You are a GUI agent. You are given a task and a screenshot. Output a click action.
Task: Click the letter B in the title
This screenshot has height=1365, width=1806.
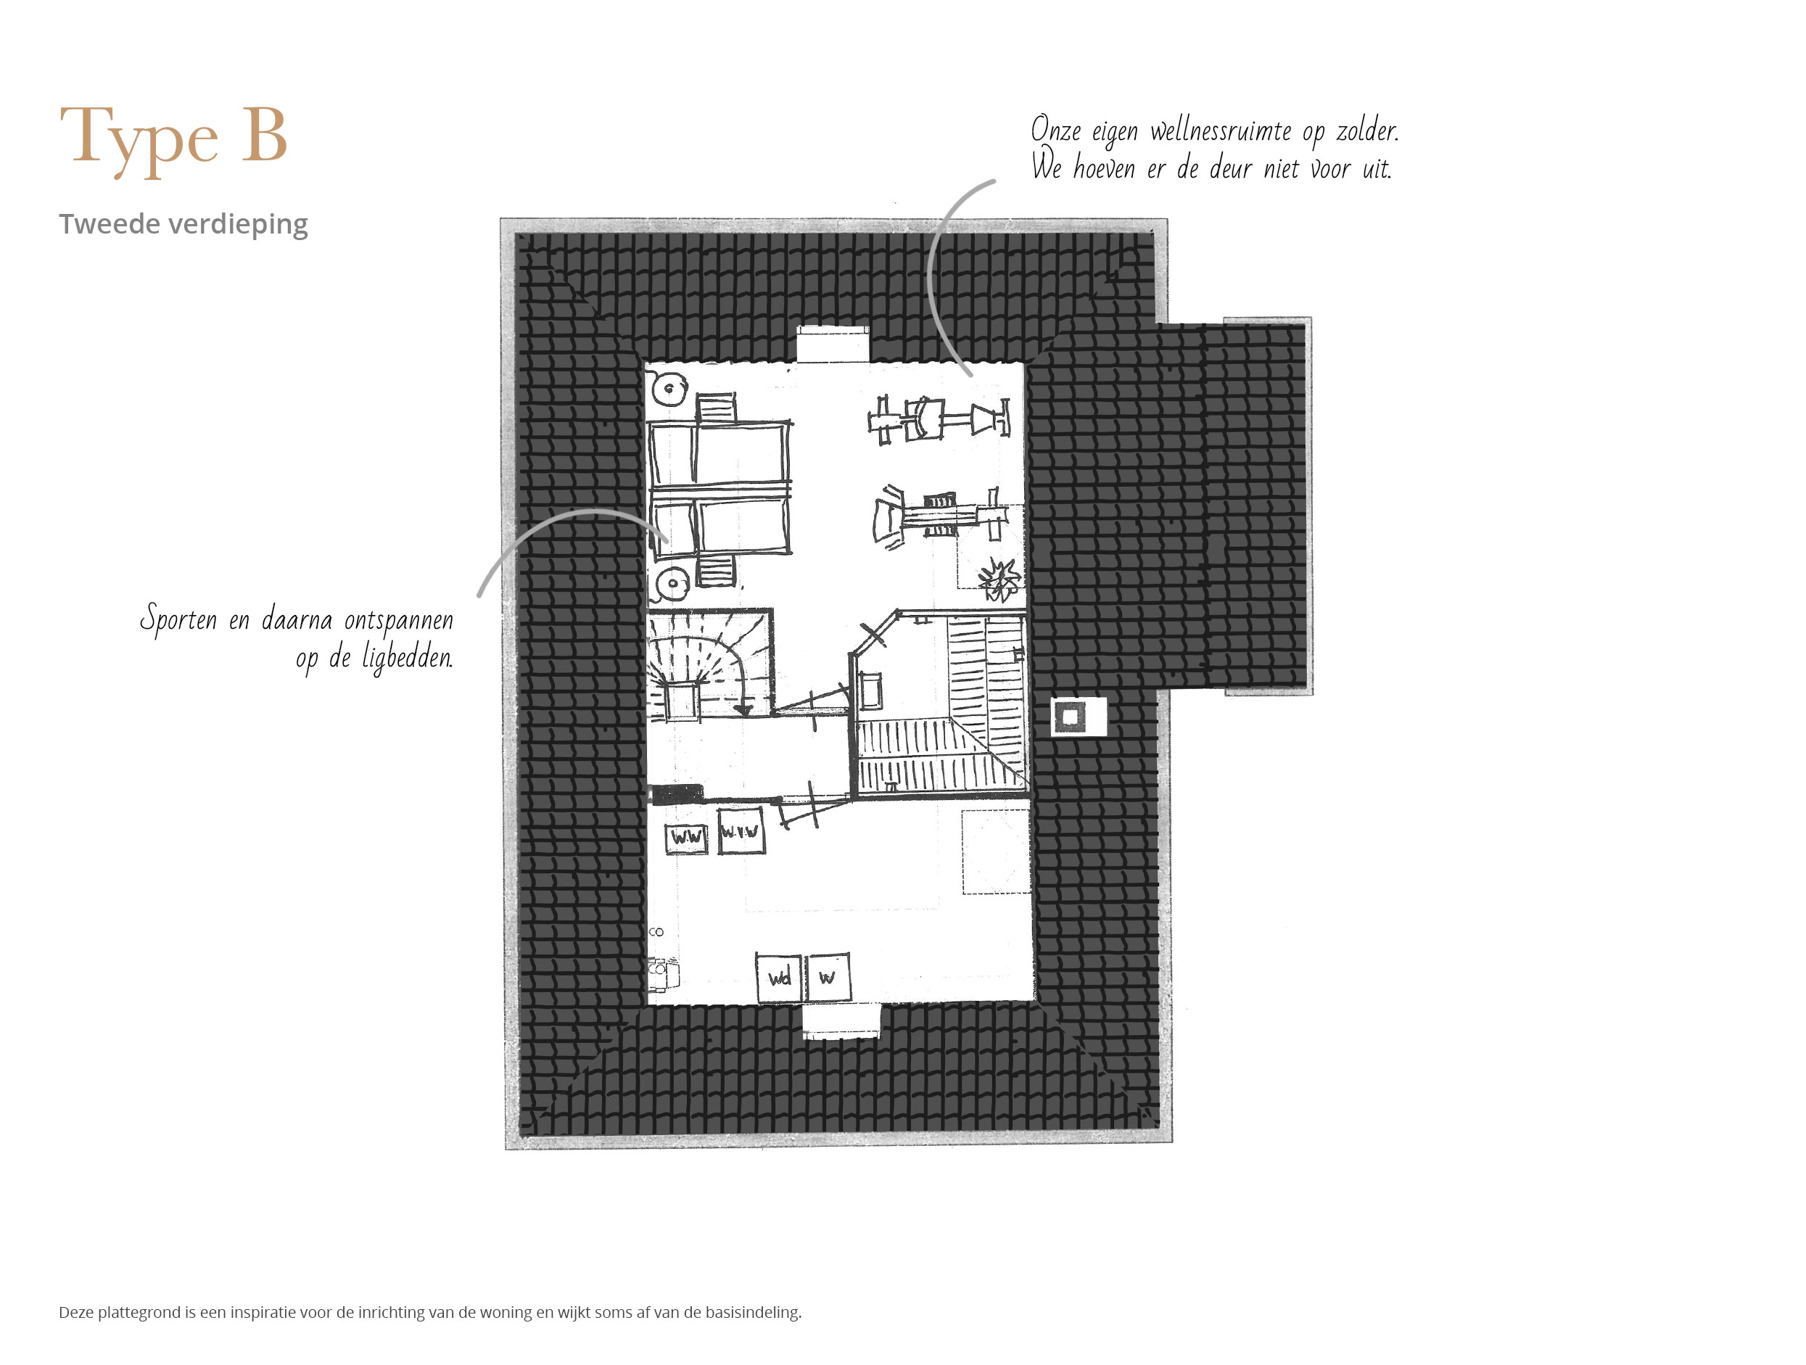[x=264, y=135]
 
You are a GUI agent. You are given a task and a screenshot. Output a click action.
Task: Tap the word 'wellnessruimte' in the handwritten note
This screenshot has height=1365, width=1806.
[x=1221, y=131]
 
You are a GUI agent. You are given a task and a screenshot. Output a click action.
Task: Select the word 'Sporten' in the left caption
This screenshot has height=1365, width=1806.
[x=178, y=619]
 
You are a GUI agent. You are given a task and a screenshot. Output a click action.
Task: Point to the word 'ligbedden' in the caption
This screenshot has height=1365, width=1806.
[x=407, y=658]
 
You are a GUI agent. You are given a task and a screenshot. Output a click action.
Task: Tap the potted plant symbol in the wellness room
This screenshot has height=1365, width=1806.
[x=999, y=578]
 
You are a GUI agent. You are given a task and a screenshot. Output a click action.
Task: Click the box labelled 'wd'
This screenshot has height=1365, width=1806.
[x=780, y=976]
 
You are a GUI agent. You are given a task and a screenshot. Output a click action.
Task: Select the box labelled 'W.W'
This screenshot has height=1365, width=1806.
[x=687, y=838]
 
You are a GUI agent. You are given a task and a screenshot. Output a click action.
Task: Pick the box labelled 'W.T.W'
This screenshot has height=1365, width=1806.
[x=741, y=831]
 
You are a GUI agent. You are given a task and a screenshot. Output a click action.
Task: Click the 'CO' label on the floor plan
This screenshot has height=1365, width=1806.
[x=656, y=931]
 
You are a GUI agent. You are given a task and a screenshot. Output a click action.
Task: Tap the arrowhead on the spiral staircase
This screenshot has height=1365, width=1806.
[x=743, y=709]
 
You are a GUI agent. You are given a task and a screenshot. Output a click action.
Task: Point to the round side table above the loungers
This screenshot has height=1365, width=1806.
[x=669, y=389]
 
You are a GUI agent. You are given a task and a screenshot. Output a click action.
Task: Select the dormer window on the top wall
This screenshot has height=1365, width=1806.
[x=833, y=344]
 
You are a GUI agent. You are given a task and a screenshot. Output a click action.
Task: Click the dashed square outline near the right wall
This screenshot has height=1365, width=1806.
[x=995, y=851]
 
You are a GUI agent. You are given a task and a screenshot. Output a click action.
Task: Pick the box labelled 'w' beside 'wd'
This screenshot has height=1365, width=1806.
[x=828, y=976]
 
